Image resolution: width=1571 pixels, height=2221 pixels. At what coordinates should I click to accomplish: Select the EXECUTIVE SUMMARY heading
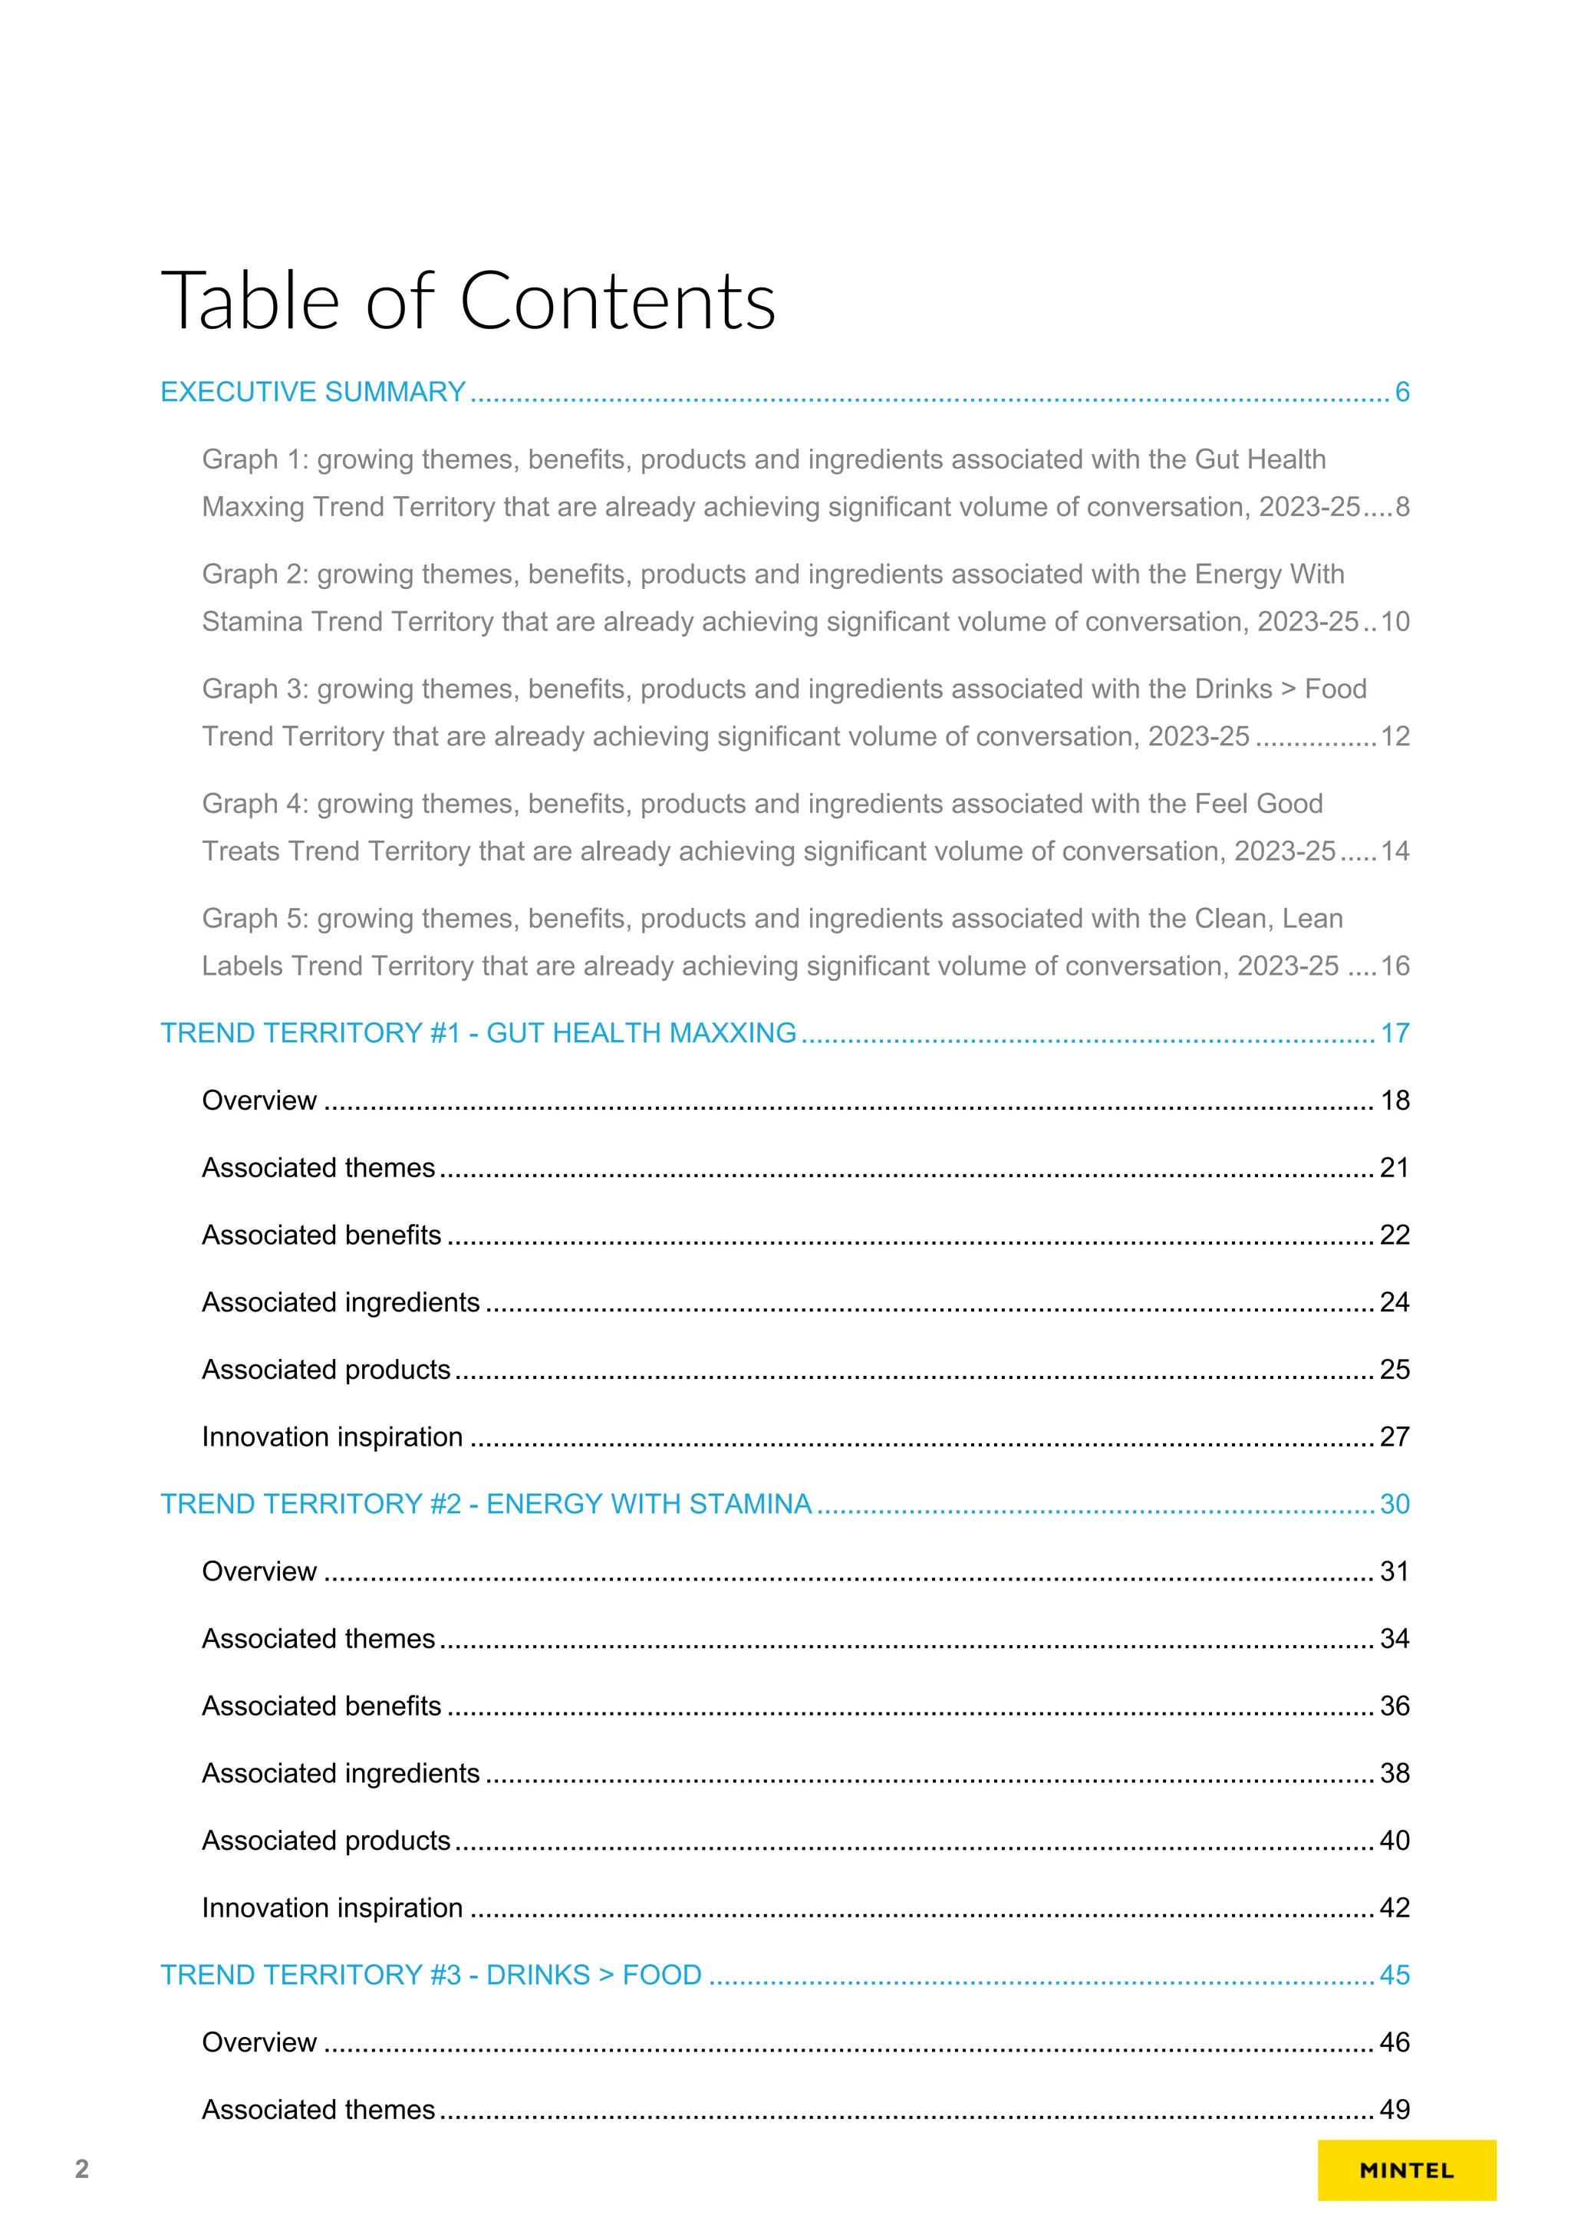pos(312,392)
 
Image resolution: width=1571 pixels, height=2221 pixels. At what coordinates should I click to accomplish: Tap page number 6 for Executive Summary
pos(1401,392)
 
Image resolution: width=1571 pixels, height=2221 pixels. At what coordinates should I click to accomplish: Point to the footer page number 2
pos(82,2169)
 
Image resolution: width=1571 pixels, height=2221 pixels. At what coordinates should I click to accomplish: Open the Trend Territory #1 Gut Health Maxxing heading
pos(478,1033)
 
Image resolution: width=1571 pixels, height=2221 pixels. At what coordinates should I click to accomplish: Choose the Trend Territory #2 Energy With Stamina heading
pos(486,1504)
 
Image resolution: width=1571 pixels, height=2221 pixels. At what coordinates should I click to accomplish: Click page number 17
pos(1394,1033)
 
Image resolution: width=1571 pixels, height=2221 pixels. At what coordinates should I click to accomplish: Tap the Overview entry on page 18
pos(259,1101)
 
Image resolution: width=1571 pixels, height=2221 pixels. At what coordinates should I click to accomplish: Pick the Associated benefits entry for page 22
pos(321,1236)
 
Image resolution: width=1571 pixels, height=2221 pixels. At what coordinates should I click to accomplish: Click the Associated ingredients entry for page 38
pos(341,1773)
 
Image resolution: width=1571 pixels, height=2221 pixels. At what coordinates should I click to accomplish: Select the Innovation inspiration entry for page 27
pos(332,1436)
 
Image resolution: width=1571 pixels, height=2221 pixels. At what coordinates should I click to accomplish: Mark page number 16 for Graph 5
pos(1394,966)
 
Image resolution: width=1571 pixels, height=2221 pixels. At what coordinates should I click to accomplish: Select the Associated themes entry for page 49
pos(318,2110)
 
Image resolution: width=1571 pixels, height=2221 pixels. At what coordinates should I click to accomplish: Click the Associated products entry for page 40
pos(326,1841)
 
